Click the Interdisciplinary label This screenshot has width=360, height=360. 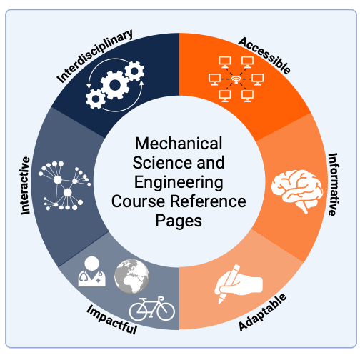tap(95, 56)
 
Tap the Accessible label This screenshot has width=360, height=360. tap(264, 56)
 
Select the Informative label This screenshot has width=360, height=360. tap(333, 184)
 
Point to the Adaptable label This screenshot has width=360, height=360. tap(262, 312)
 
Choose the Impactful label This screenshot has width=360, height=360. tap(111, 320)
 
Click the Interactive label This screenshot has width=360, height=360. tap(25, 186)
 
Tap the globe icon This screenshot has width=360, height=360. tap(131, 276)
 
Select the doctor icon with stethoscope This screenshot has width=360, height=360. tap(92, 271)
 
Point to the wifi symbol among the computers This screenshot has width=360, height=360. tap(236, 80)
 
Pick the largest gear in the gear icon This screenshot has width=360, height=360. tap(115, 85)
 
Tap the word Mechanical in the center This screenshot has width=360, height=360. tap(179, 144)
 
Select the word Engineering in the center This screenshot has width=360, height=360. tap(179, 182)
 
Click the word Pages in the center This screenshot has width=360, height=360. tap(179, 221)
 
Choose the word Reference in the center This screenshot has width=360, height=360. tap(208, 201)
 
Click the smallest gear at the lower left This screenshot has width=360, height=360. tap(96, 99)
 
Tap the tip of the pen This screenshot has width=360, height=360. tap(220, 302)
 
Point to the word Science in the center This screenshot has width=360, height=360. tap(155, 163)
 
